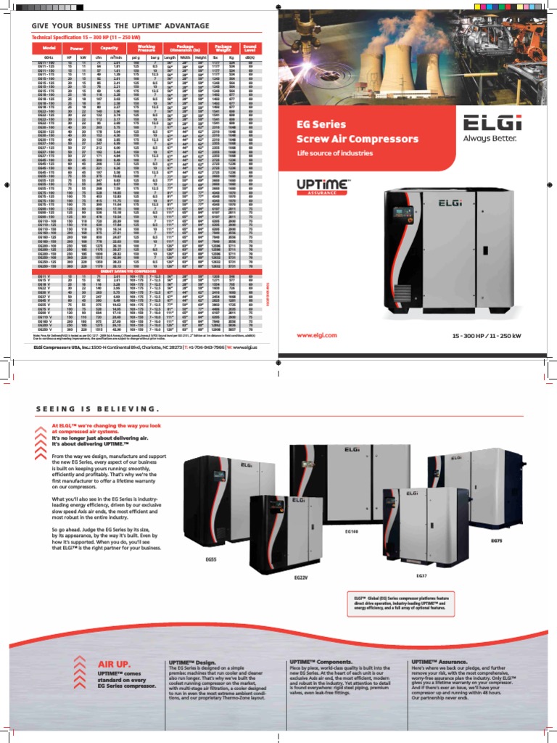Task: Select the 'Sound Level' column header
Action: (x=251, y=47)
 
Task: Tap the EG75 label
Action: (x=497, y=541)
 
